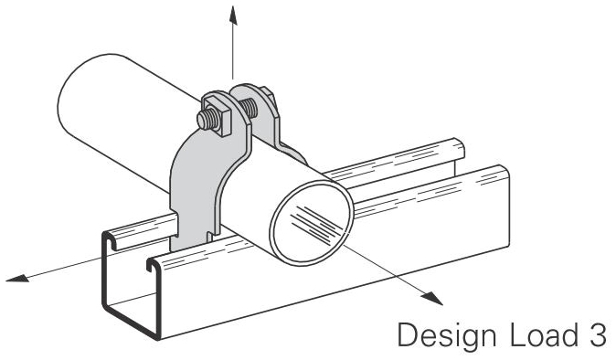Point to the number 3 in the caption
point(596,335)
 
